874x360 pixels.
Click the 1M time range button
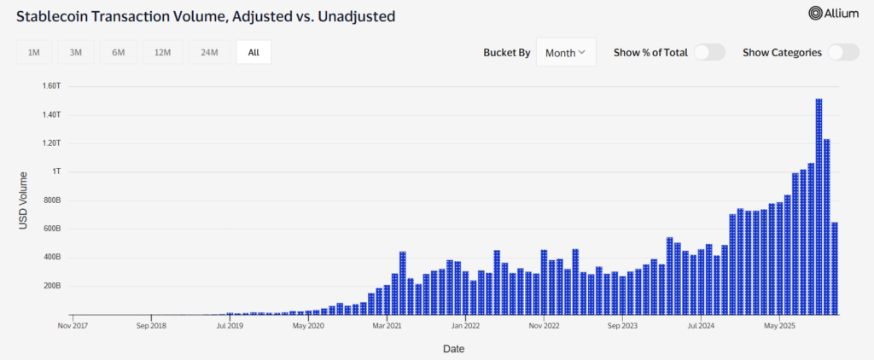pos(34,52)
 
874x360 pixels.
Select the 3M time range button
pos(76,52)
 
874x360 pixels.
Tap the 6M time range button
pos(118,52)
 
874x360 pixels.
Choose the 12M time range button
pos(162,52)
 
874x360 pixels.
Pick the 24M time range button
pos(209,52)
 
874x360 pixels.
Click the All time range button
pos(253,52)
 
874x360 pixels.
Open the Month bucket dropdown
pos(565,52)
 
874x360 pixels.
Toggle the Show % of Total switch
pos(709,52)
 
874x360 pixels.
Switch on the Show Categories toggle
pos(842,52)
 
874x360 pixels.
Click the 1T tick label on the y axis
pos(55,171)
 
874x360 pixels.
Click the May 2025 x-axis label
pos(779,325)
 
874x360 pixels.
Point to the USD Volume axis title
pos(23,200)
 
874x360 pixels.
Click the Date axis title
pos(453,348)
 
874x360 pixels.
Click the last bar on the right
pos(835,268)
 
